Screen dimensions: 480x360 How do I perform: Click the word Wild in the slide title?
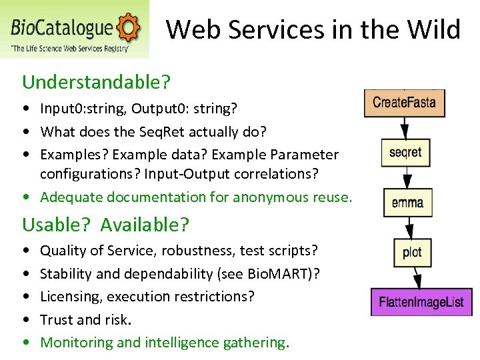point(434,29)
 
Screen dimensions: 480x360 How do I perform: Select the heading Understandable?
point(97,82)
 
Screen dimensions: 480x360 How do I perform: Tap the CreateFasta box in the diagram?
point(404,103)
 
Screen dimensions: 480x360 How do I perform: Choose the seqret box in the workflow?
point(405,153)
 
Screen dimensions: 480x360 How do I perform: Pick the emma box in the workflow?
point(408,202)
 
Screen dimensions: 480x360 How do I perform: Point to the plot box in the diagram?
point(412,252)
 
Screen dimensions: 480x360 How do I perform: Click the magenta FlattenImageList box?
point(421,301)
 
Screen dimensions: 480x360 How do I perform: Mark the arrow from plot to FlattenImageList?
point(415,277)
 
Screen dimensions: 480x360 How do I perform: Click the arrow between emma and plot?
point(409,227)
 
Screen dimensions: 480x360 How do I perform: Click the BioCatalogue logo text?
point(62,28)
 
